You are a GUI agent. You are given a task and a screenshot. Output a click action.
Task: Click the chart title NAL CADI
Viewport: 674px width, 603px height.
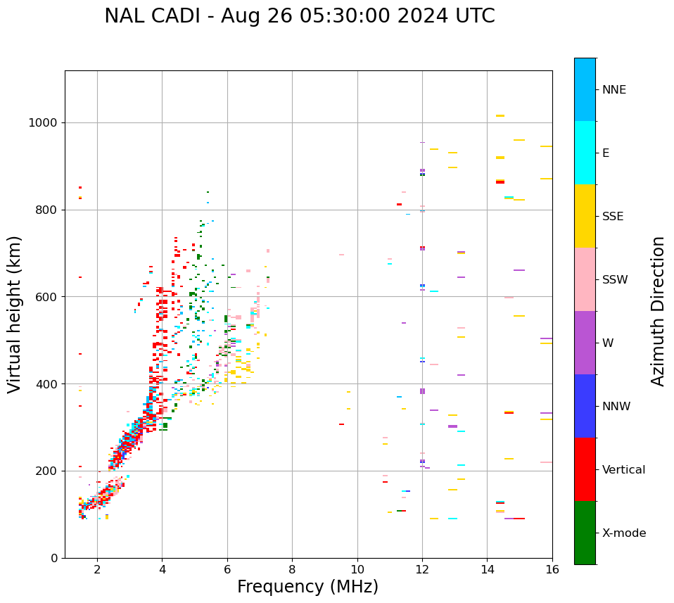tap(299, 16)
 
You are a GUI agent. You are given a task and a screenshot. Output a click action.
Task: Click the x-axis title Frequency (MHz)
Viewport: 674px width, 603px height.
tap(307, 587)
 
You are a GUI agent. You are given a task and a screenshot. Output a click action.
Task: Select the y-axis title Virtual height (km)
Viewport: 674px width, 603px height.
tap(15, 314)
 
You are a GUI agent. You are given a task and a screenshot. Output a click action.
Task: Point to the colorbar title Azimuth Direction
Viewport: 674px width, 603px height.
tap(658, 311)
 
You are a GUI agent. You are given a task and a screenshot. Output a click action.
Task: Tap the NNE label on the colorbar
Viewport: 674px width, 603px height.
tap(613, 90)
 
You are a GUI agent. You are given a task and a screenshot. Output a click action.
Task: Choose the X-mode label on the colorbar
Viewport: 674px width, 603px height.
tap(623, 533)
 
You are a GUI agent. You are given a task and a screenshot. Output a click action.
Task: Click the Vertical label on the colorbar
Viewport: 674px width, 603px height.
tap(623, 470)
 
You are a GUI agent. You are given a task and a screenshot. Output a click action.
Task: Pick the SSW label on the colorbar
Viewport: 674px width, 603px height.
tap(615, 280)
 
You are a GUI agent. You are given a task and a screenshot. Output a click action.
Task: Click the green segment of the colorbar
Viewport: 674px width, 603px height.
tap(585, 533)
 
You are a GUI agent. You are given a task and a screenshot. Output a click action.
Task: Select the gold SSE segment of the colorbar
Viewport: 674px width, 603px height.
tap(585, 216)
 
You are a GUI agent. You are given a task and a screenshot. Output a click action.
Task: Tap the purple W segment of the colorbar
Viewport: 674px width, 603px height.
tap(585, 343)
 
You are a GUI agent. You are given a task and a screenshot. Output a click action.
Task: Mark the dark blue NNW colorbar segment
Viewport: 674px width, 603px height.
tap(585, 406)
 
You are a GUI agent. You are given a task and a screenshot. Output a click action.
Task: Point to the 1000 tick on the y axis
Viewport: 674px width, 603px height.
tap(44, 122)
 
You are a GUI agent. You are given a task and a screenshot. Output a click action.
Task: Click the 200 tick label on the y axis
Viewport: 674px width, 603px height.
tap(47, 471)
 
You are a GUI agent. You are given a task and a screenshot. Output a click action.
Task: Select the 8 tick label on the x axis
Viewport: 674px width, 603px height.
tap(292, 569)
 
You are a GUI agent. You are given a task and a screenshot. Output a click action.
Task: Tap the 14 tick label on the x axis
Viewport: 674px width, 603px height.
tap(487, 569)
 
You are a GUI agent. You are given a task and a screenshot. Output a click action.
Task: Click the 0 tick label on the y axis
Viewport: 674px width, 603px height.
tap(54, 558)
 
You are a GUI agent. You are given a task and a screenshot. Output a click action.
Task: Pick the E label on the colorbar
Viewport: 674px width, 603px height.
tap(605, 153)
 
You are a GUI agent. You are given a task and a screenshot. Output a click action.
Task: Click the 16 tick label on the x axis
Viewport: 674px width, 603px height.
tap(552, 569)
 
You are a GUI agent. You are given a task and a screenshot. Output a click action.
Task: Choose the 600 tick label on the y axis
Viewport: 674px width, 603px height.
tap(47, 297)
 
